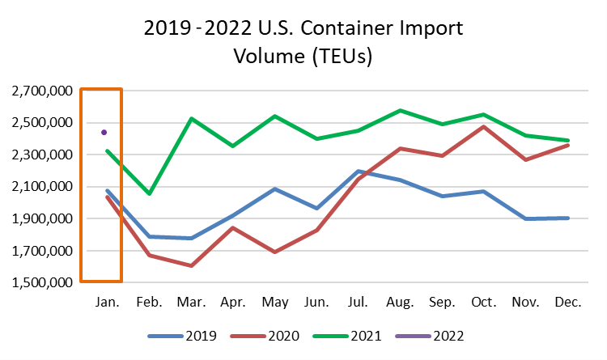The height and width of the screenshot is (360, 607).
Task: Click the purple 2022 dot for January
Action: (x=104, y=132)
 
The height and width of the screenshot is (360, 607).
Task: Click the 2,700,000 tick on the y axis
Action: (x=40, y=91)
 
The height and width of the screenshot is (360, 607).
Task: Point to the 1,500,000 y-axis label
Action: (x=40, y=282)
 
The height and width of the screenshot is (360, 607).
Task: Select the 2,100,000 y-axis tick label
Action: (x=40, y=187)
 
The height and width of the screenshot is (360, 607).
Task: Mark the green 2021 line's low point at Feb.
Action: (x=149, y=194)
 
